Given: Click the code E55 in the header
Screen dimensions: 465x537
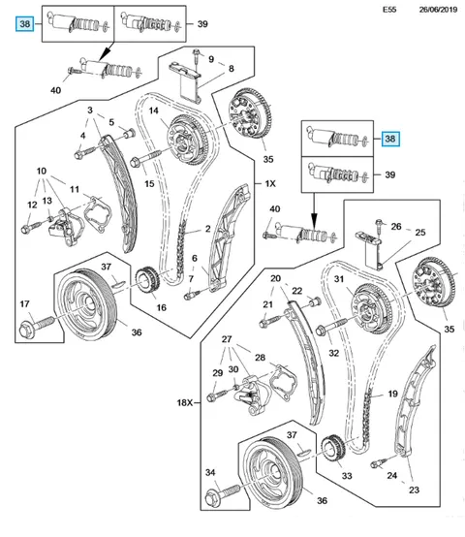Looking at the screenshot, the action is [389, 10].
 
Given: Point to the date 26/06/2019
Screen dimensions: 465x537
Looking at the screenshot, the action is [438, 10].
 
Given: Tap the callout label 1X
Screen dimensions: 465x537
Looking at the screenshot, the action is [270, 183].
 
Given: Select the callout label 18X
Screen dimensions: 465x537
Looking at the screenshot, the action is [185, 403].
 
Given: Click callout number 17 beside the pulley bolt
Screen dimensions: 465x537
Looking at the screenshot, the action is [24, 303].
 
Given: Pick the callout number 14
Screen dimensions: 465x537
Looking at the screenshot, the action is [154, 111].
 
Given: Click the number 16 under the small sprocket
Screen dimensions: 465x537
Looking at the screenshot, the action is [162, 307].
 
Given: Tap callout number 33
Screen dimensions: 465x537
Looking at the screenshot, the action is [347, 476].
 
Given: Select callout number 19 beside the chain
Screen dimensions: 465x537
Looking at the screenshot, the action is [392, 394].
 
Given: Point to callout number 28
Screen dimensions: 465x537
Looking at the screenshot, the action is [260, 358].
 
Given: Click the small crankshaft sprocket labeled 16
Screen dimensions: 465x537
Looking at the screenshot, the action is [148, 282].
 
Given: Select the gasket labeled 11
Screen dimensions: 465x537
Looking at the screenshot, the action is [98, 213].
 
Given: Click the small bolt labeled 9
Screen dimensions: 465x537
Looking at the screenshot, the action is [196, 57].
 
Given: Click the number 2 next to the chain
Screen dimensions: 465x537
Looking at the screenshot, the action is [207, 229].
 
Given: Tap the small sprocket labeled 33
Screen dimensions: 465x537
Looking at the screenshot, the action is [334, 449].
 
